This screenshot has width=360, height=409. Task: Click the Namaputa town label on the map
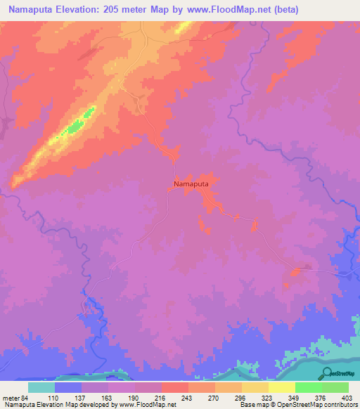(x=191, y=183)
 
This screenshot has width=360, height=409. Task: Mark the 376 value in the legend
(x=320, y=397)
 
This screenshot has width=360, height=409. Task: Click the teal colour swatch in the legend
(x=41, y=387)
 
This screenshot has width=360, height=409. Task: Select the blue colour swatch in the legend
(x=68, y=387)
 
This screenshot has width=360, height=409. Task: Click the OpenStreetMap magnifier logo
(x=327, y=373)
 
